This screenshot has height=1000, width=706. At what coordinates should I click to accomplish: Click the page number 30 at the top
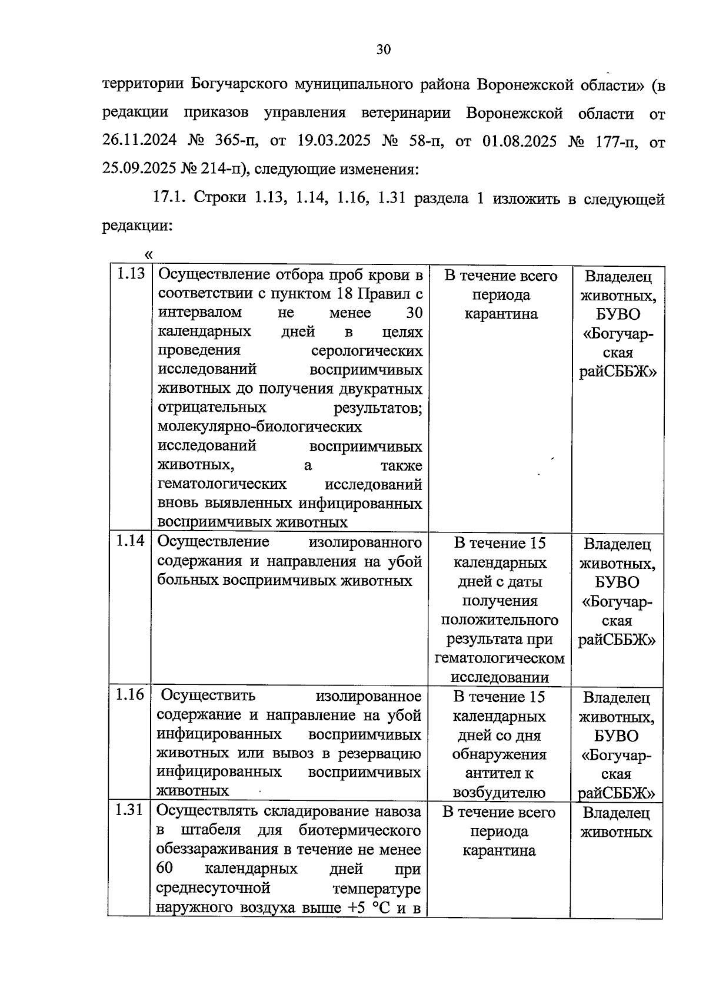pyautogui.click(x=384, y=49)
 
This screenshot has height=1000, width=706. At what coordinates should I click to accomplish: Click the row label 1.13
pyautogui.click(x=130, y=274)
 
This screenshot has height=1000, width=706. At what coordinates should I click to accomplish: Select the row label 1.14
pyautogui.click(x=130, y=541)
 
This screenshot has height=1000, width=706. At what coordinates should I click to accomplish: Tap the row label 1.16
pyautogui.click(x=130, y=695)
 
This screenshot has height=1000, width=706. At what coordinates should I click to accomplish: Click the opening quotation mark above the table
pyautogui.click(x=148, y=254)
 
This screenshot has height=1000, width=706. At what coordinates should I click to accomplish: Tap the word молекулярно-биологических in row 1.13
pyautogui.click(x=259, y=426)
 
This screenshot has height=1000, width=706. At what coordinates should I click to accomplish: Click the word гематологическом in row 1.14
pyautogui.click(x=499, y=658)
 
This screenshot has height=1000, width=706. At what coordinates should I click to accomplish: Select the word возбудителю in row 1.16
pyautogui.click(x=499, y=793)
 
